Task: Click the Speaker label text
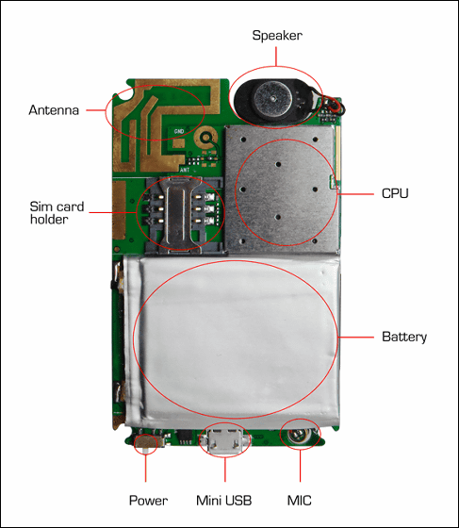[277, 36]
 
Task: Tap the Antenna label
[54, 110]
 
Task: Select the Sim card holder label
[57, 213]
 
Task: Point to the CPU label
[395, 193]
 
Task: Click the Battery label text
[404, 337]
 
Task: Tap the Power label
[148, 501]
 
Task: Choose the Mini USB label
[223, 501]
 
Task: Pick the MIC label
[299, 501]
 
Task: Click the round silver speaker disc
[273, 99]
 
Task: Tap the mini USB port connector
[225, 441]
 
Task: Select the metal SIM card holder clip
[176, 215]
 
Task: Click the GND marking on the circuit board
[179, 131]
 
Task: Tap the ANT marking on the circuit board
[185, 170]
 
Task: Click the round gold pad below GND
[205, 138]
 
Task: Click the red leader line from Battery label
[355, 337]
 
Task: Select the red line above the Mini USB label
[225, 469]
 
